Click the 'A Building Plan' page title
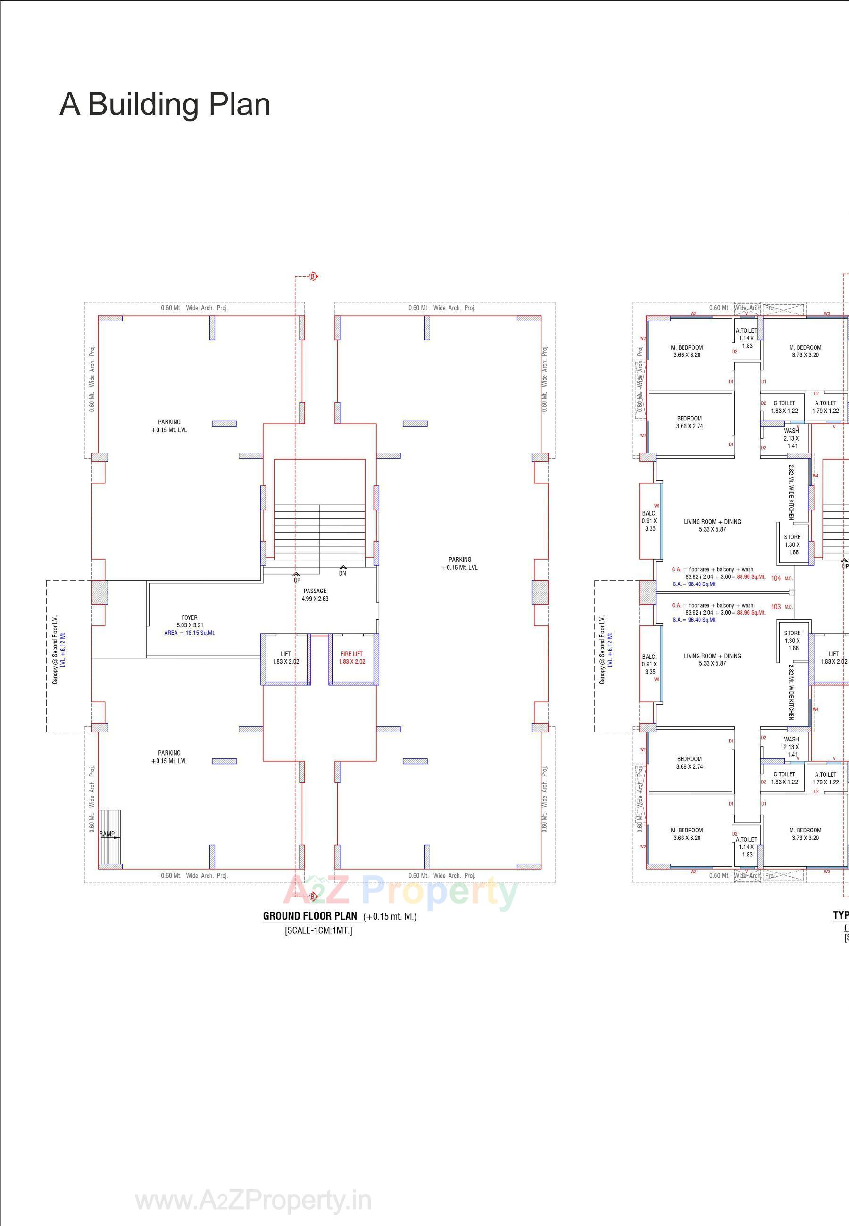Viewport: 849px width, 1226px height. pos(165,104)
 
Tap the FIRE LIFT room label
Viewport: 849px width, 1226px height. pos(351,658)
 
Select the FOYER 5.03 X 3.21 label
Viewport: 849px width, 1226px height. pos(190,622)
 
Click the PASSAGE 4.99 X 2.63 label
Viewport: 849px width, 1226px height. pos(315,594)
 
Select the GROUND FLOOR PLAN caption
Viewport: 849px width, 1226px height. pos(310,915)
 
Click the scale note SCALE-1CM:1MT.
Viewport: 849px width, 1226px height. pos(318,930)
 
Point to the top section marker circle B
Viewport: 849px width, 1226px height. pos(313,277)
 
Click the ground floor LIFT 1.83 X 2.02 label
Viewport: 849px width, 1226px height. pos(286,658)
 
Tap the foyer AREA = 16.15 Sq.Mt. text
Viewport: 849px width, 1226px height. pos(190,633)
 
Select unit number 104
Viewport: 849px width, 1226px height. pos(775,578)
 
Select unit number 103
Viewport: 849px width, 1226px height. pos(775,607)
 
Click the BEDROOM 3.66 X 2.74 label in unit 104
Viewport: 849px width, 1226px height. pos(690,422)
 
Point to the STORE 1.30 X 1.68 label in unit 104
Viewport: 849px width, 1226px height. pos(792,544)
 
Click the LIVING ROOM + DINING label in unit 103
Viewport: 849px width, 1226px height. pos(712,659)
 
